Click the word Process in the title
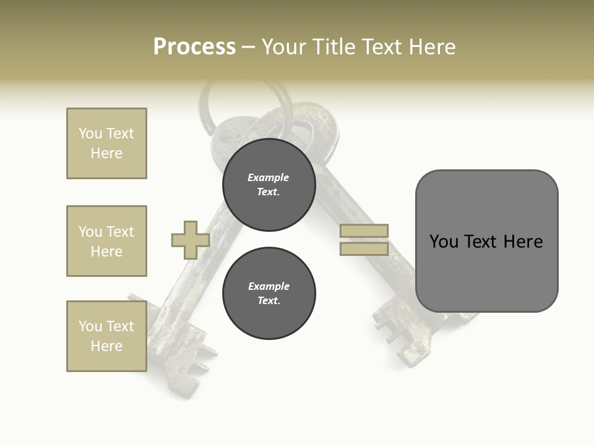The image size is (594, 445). click(x=194, y=47)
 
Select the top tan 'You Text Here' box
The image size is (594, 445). click(x=106, y=143)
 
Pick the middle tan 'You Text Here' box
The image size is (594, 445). click(x=106, y=241)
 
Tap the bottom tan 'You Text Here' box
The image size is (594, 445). click(x=106, y=336)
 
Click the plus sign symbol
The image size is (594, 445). click(x=191, y=240)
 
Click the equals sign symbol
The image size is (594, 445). click(x=364, y=240)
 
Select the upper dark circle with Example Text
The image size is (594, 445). click(x=269, y=185)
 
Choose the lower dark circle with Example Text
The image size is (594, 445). click(x=269, y=294)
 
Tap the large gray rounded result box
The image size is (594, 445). click(x=486, y=241)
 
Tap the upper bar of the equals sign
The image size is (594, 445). click(x=364, y=231)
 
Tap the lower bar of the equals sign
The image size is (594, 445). click(x=364, y=248)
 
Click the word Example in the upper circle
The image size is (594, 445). click(x=268, y=177)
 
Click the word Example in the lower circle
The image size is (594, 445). click(x=269, y=286)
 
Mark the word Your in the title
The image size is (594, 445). click(x=282, y=47)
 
